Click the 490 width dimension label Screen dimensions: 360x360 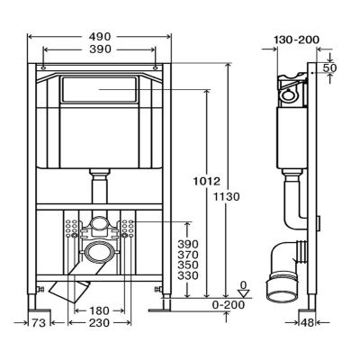100,37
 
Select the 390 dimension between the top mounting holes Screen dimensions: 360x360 100,49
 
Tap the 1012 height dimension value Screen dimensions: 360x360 206,181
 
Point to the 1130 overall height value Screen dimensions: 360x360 227,197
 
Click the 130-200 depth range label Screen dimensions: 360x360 297,40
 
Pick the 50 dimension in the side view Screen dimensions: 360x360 329,67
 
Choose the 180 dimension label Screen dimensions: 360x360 99,310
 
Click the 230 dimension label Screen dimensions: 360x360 99,323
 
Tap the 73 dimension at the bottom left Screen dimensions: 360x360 39,323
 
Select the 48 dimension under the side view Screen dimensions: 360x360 307,323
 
